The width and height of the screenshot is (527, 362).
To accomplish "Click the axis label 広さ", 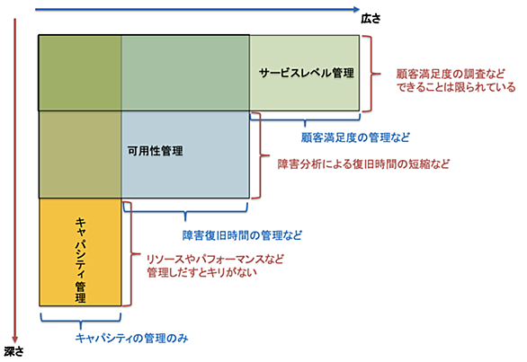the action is click(x=371, y=19).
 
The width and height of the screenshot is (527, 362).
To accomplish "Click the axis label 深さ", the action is click(x=14, y=351).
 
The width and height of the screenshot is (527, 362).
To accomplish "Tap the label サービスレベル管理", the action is click(x=307, y=73).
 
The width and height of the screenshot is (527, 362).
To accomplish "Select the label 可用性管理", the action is click(x=156, y=151).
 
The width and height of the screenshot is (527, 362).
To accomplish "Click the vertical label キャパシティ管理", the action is click(x=80, y=260).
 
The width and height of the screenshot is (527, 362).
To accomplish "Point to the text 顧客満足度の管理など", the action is click(x=355, y=137).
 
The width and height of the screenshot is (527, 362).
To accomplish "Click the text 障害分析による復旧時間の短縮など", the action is click(x=363, y=163).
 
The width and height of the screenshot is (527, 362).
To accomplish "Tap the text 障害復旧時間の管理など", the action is click(x=242, y=235).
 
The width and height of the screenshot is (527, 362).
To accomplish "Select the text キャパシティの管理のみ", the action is click(x=131, y=338).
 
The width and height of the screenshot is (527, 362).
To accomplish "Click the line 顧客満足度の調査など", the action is click(x=451, y=74).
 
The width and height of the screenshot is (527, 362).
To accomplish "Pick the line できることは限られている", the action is click(x=456, y=87).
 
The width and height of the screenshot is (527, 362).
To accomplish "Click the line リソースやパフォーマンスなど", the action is click(x=215, y=259).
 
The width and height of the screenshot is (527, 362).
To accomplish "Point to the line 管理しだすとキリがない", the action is click(x=201, y=272).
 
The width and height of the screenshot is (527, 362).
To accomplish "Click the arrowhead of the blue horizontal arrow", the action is click(x=357, y=9).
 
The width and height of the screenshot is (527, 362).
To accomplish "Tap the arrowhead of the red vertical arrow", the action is click(x=14, y=340).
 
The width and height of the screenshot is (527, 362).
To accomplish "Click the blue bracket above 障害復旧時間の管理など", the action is click(x=185, y=212).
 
